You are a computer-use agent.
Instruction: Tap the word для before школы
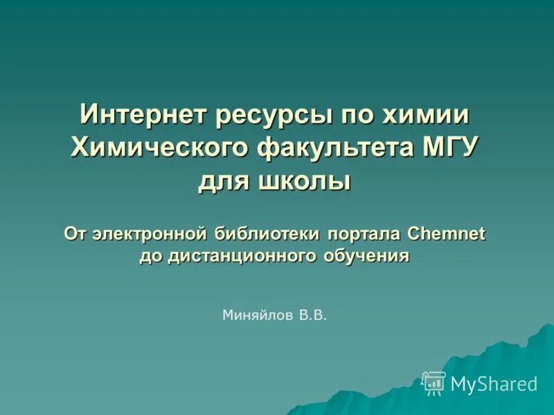[x=225, y=183]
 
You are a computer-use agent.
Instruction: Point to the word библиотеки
[x=268, y=233]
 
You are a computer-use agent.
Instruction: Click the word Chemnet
[x=447, y=233]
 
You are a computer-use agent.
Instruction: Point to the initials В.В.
[x=312, y=316]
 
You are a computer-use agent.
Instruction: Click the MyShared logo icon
[x=434, y=382]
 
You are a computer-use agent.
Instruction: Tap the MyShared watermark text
[x=494, y=384]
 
